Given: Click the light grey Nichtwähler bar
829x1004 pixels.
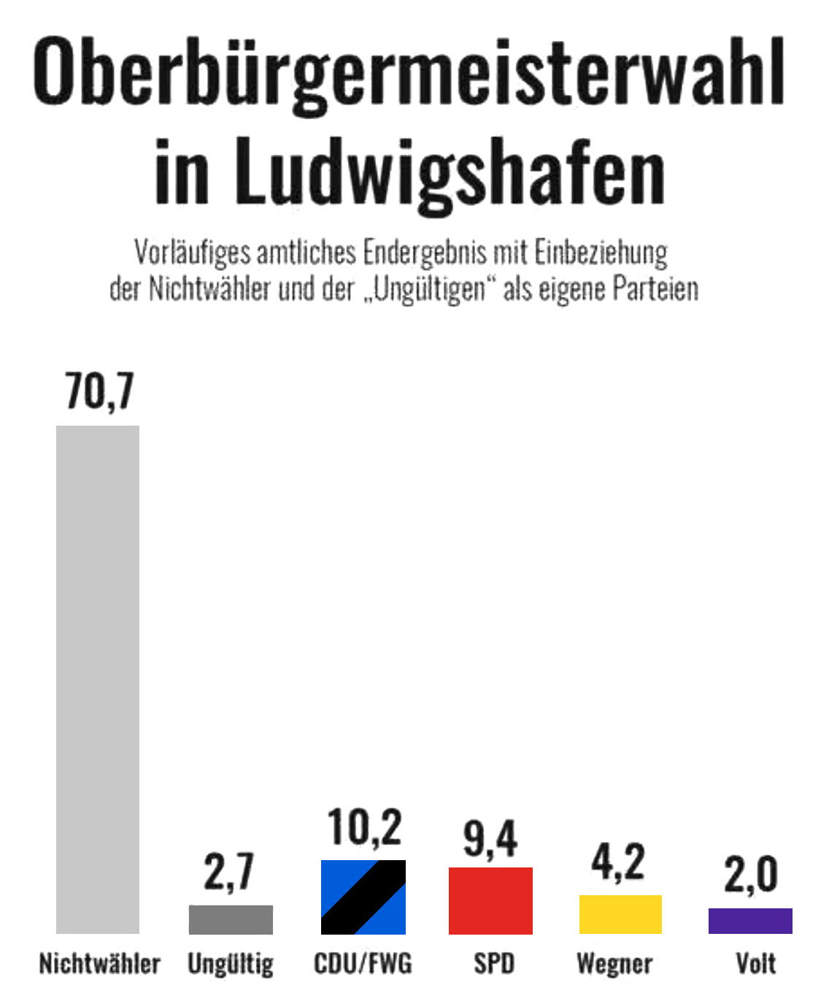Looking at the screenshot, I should tap(98, 679).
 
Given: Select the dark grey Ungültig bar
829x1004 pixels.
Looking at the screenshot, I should tap(231, 919).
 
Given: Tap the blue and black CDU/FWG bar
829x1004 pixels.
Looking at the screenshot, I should tap(363, 897).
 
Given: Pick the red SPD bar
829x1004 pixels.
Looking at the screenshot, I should tap(490, 900).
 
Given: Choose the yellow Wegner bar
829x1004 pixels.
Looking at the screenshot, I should tap(620, 914).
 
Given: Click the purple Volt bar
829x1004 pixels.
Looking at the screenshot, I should tap(750, 921).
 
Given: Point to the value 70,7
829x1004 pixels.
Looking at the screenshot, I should tap(99, 391).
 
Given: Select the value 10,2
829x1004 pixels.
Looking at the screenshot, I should tap(364, 828).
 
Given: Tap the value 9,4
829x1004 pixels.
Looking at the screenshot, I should tap(490, 838).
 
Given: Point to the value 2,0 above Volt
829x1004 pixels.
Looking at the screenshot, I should tap(750, 874).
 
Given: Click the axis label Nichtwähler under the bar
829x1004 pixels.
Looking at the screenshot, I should tap(99, 964).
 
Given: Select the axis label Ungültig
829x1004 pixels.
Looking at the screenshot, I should tap(231, 965).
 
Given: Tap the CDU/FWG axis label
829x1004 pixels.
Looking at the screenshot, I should tap(363, 964).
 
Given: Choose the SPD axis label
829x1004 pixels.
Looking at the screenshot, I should tap(494, 964).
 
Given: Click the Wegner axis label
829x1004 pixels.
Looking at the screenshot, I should tap(614, 965).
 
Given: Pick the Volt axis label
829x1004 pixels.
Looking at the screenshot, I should tap(756, 964).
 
